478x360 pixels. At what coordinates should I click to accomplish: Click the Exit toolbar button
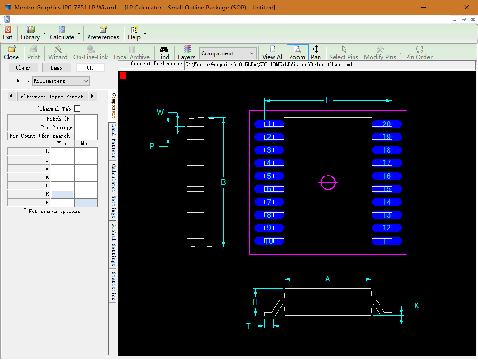tap(8, 33)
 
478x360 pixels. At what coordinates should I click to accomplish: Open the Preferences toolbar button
tap(103, 33)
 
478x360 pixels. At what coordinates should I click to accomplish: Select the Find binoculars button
tap(164, 53)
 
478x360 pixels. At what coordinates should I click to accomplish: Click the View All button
tap(273, 53)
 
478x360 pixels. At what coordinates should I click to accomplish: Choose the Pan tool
tap(316, 53)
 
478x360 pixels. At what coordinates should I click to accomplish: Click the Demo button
tap(56, 68)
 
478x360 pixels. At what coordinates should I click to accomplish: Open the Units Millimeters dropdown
tap(61, 81)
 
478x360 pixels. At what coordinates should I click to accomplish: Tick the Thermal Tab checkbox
tap(78, 108)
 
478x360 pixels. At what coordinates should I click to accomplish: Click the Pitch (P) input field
tap(86, 119)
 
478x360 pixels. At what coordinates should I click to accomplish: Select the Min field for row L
tap(62, 151)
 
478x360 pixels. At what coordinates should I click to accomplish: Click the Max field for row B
tap(86, 185)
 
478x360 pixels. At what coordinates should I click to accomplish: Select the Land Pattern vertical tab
tap(113, 141)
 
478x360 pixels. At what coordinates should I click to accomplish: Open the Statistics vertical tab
tap(113, 286)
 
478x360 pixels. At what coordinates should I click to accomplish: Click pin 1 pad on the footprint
tap(269, 124)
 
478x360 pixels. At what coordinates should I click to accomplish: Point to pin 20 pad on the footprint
tap(387, 124)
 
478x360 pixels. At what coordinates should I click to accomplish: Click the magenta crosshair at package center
tap(328, 183)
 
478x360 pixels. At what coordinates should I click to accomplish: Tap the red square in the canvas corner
tap(123, 75)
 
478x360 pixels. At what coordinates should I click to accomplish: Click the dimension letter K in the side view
tap(416, 306)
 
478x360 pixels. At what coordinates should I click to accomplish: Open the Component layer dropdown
tap(228, 53)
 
